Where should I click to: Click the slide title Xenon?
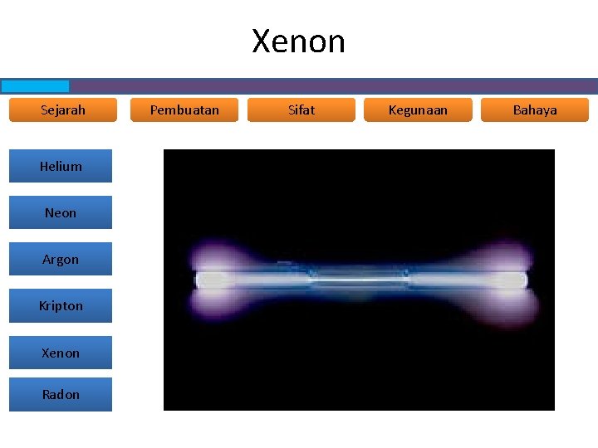point(298,41)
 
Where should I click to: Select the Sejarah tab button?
point(63,110)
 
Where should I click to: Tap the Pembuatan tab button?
point(184,110)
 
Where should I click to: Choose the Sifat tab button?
point(301,110)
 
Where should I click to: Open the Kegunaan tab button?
point(418,110)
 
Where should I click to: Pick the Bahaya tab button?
point(535,110)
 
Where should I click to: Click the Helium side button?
point(61,166)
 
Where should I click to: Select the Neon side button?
point(61,212)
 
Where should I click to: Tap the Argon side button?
point(61,259)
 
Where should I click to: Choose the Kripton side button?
point(61,305)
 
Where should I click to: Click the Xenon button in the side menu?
point(61,353)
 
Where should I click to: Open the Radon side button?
point(61,394)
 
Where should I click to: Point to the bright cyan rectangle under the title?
point(35,86)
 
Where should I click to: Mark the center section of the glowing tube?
point(360,280)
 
